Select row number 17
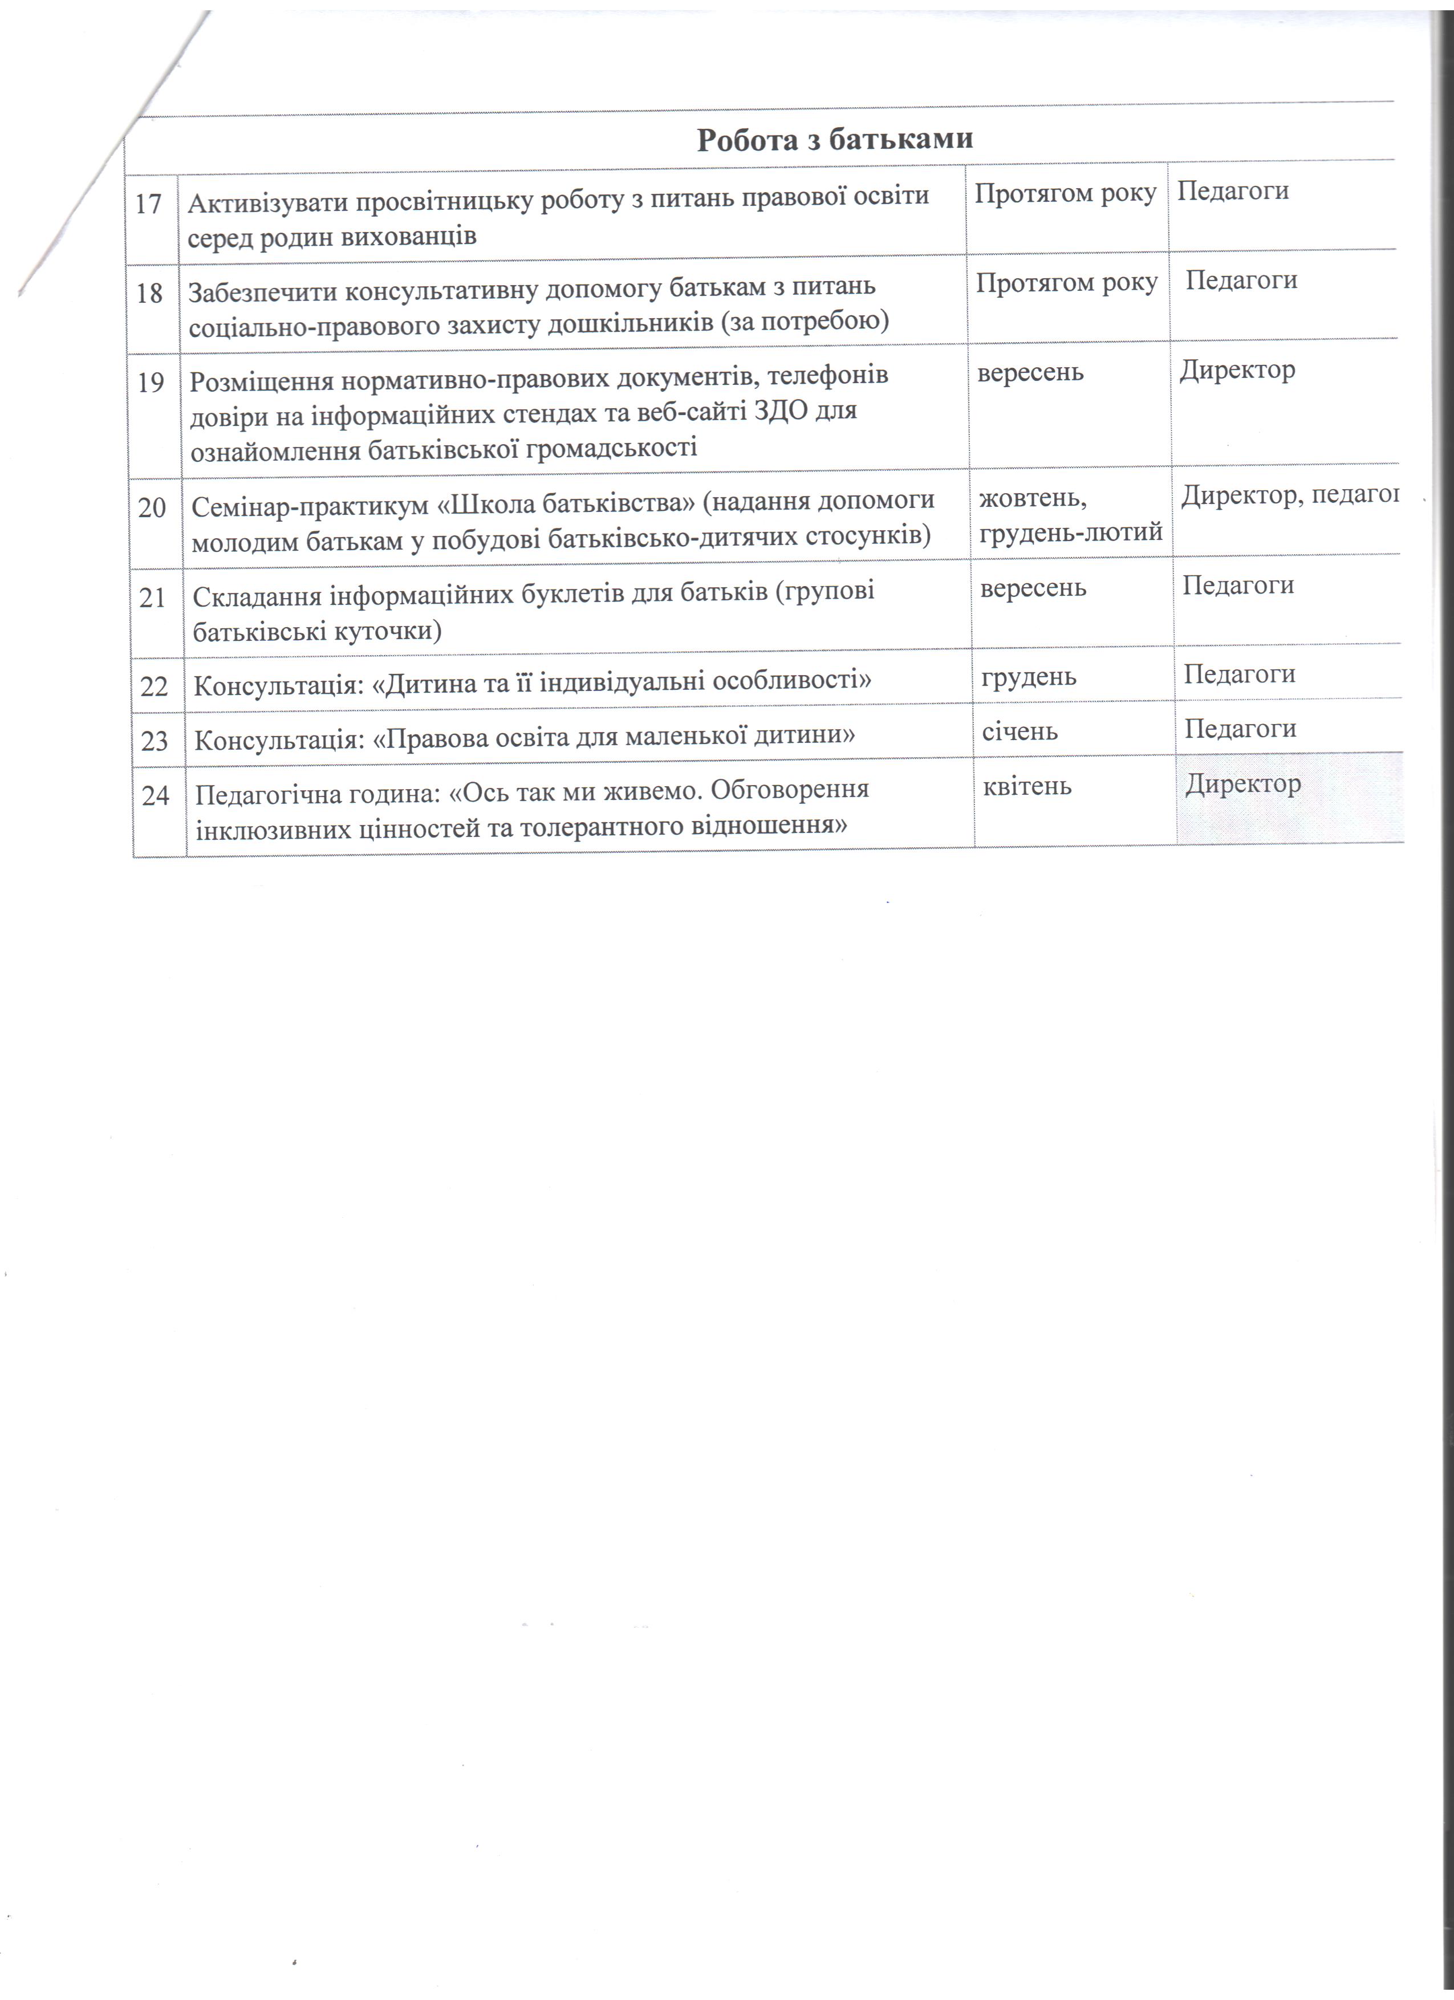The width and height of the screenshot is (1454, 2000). point(148,204)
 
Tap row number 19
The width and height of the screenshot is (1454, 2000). point(151,383)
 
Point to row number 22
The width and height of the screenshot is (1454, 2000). point(155,686)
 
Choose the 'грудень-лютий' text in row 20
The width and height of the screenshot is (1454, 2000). point(1070,532)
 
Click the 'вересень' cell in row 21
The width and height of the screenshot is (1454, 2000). point(1033,588)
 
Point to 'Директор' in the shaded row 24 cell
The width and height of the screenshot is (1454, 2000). point(1242,783)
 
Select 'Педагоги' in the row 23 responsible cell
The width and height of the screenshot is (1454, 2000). point(1240,729)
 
